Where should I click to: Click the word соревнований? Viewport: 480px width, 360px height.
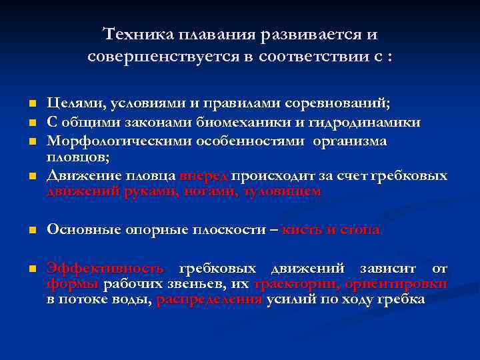(x=343, y=105)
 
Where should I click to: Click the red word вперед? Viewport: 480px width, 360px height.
(x=203, y=176)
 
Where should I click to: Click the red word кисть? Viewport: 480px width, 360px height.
(x=301, y=230)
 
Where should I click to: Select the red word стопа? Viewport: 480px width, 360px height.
(x=360, y=230)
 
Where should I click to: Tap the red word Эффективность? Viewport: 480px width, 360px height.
(x=105, y=269)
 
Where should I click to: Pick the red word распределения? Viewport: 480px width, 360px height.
(x=209, y=299)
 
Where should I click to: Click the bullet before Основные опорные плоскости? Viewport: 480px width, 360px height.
(x=31, y=231)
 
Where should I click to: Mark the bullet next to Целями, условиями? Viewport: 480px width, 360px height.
(x=31, y=105)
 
